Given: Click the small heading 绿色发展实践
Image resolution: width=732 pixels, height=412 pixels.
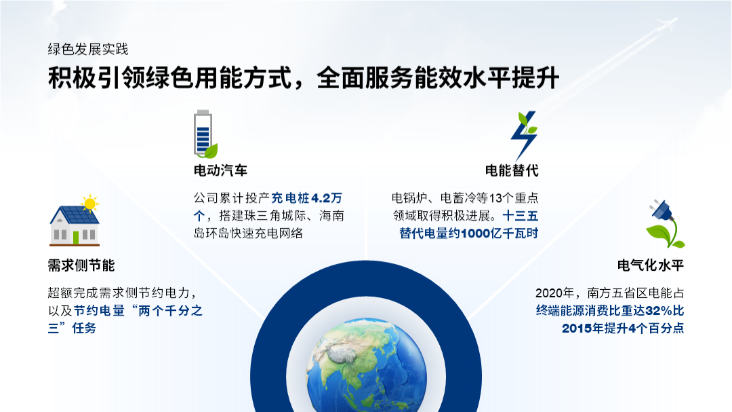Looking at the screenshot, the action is [87, 49].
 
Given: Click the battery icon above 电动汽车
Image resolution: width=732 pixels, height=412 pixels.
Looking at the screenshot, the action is [205, 134].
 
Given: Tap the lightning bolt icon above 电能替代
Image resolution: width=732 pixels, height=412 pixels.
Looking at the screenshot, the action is [524, 136].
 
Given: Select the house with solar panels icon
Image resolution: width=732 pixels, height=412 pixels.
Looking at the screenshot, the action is [75, 221].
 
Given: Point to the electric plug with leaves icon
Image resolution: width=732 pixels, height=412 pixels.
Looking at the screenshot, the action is [665, 223].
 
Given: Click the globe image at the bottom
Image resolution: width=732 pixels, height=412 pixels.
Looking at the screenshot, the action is [367, 365].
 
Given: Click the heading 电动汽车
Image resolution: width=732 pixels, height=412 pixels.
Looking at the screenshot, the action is [220, 170].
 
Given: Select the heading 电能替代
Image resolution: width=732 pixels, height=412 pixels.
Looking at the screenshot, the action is [512, 170].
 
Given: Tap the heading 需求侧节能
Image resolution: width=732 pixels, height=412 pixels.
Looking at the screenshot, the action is [81, 265].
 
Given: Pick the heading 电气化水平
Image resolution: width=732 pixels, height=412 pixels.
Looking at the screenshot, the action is [650, 265].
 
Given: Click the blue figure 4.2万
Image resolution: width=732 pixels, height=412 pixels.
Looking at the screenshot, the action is [327, 198].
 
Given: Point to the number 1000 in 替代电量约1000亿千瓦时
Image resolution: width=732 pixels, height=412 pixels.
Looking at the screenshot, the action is [476, 233].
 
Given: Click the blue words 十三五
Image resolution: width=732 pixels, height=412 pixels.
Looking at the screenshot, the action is [521, 216].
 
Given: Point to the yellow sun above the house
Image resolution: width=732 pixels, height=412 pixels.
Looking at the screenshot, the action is [89, 204].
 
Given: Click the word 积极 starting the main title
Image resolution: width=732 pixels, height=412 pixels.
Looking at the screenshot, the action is [72, 77].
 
